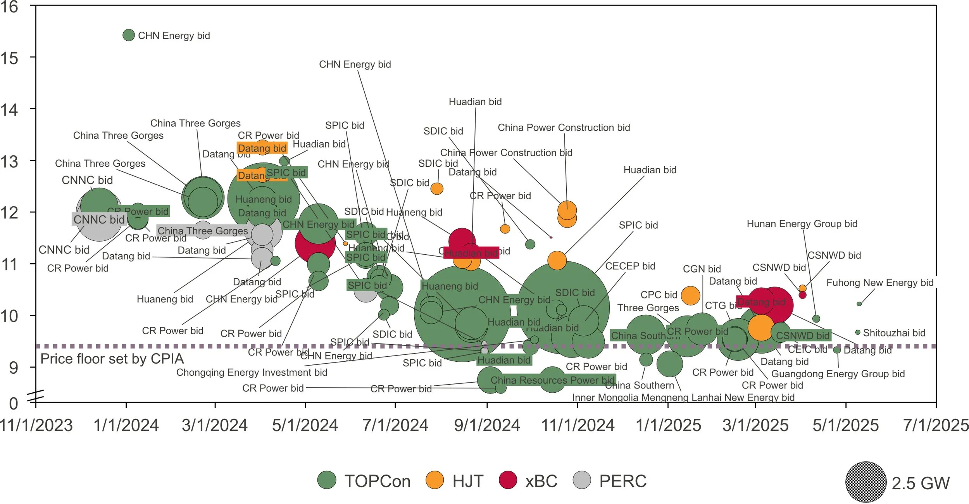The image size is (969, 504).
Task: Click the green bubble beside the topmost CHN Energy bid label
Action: point(128,35)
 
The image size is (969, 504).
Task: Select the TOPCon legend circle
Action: point(327,480)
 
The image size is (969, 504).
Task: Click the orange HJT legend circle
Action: point(434,480)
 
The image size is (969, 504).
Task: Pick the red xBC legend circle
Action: point(508,480)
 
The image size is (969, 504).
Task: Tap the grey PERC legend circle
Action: point(582,480)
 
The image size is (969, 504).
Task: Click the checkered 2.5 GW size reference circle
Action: point(866,482)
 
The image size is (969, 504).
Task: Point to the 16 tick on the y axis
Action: point(9,7)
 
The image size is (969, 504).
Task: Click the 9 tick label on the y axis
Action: point(14,368)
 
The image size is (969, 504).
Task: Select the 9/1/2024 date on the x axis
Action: point(487,425)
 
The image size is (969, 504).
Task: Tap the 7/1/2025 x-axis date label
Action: point(936,425)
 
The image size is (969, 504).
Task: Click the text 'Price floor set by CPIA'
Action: point(112,359)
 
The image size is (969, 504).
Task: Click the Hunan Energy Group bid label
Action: point(802,224)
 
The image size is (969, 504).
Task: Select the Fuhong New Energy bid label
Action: point(879,283)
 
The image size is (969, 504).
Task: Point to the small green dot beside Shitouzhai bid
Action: point(858,332)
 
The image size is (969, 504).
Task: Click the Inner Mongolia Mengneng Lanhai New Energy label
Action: point(683,397)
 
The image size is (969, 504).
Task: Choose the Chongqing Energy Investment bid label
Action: point(252,372)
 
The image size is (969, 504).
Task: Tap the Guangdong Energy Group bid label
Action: point(838,374)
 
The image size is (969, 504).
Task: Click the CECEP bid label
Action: point(630,266)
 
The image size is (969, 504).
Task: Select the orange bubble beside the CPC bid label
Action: point(690,295)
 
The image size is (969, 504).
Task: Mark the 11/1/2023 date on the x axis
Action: point(36,425)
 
